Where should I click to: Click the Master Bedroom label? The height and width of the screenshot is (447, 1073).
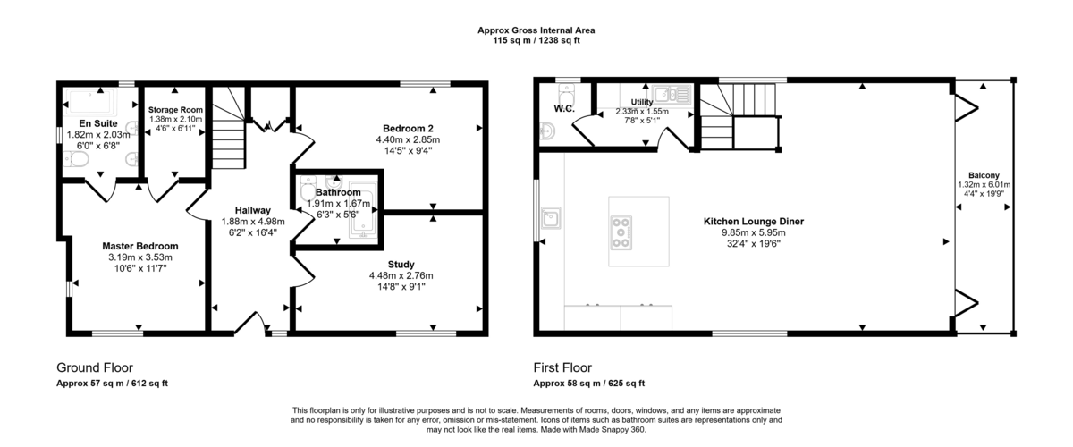point(139,246)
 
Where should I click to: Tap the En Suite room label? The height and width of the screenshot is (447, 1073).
point(96,122)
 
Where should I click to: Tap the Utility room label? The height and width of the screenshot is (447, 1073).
point(641,102)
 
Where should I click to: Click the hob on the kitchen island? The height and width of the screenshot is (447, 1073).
point(621,232)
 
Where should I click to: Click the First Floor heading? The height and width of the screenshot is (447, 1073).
point(562,367)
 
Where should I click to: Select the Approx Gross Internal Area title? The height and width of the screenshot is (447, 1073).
point(536,30)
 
